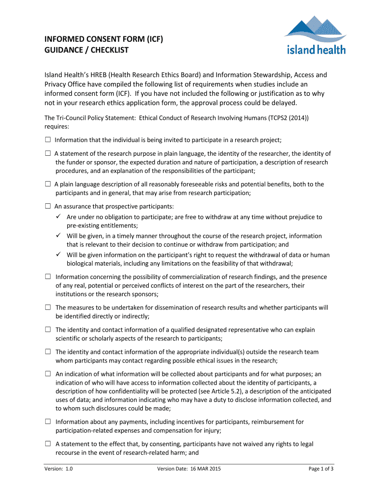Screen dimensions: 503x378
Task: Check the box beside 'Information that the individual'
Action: [48, 140]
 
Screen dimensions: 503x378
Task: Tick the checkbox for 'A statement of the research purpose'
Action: [48, 153]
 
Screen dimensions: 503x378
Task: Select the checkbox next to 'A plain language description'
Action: [48, 184]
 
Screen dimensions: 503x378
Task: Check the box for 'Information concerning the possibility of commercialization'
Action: [48, 277]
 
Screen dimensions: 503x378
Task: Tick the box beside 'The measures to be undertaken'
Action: [48, 307]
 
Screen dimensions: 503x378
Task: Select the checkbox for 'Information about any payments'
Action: [48, 421]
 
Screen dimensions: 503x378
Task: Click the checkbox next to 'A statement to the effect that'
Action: [48, 444]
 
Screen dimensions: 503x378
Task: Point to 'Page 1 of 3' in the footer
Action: [321, 469]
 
